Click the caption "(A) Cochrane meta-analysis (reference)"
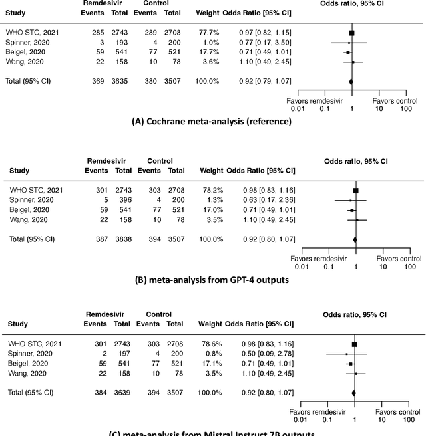point(212,122)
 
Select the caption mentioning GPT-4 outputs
point(212,279)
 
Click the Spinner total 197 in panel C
point(123,354)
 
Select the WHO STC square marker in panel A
point(351,32)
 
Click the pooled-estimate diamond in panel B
point(355,238)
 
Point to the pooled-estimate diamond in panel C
point(354,393)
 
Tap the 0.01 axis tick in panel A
point(297,108)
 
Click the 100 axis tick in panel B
point(410,267)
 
